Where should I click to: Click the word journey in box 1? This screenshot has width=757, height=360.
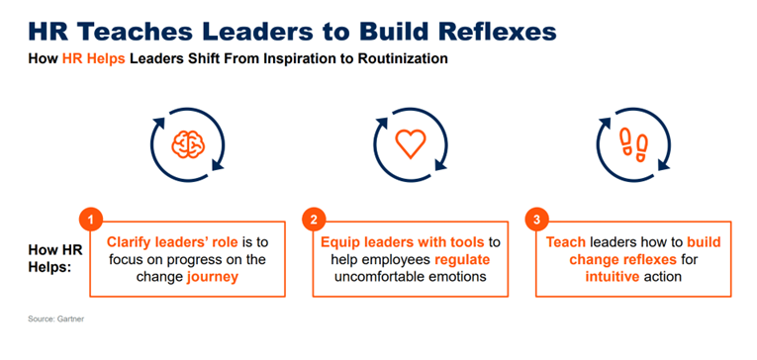click(x=214, y=278)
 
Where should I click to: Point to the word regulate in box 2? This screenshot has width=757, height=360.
click(x=458, y=260)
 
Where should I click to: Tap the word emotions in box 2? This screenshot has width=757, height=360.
click(x=455, y=278)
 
